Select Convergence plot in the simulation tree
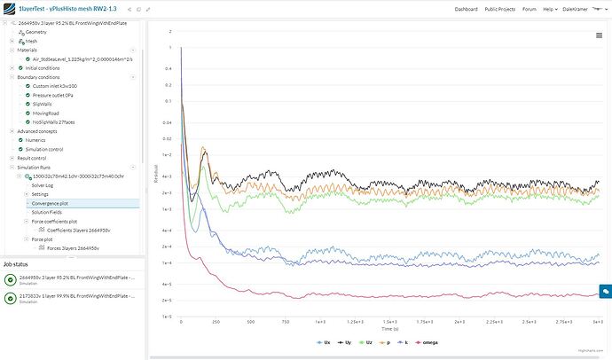coord(51,203)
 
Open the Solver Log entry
coord(43,184)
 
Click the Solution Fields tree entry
coord(48,212)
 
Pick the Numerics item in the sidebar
coord(36,139)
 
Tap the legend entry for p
coord(387,340)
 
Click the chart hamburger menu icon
coord(599,35)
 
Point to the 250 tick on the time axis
coord(215,323)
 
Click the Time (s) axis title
coord(391,329)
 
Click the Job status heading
coord(18,263)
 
